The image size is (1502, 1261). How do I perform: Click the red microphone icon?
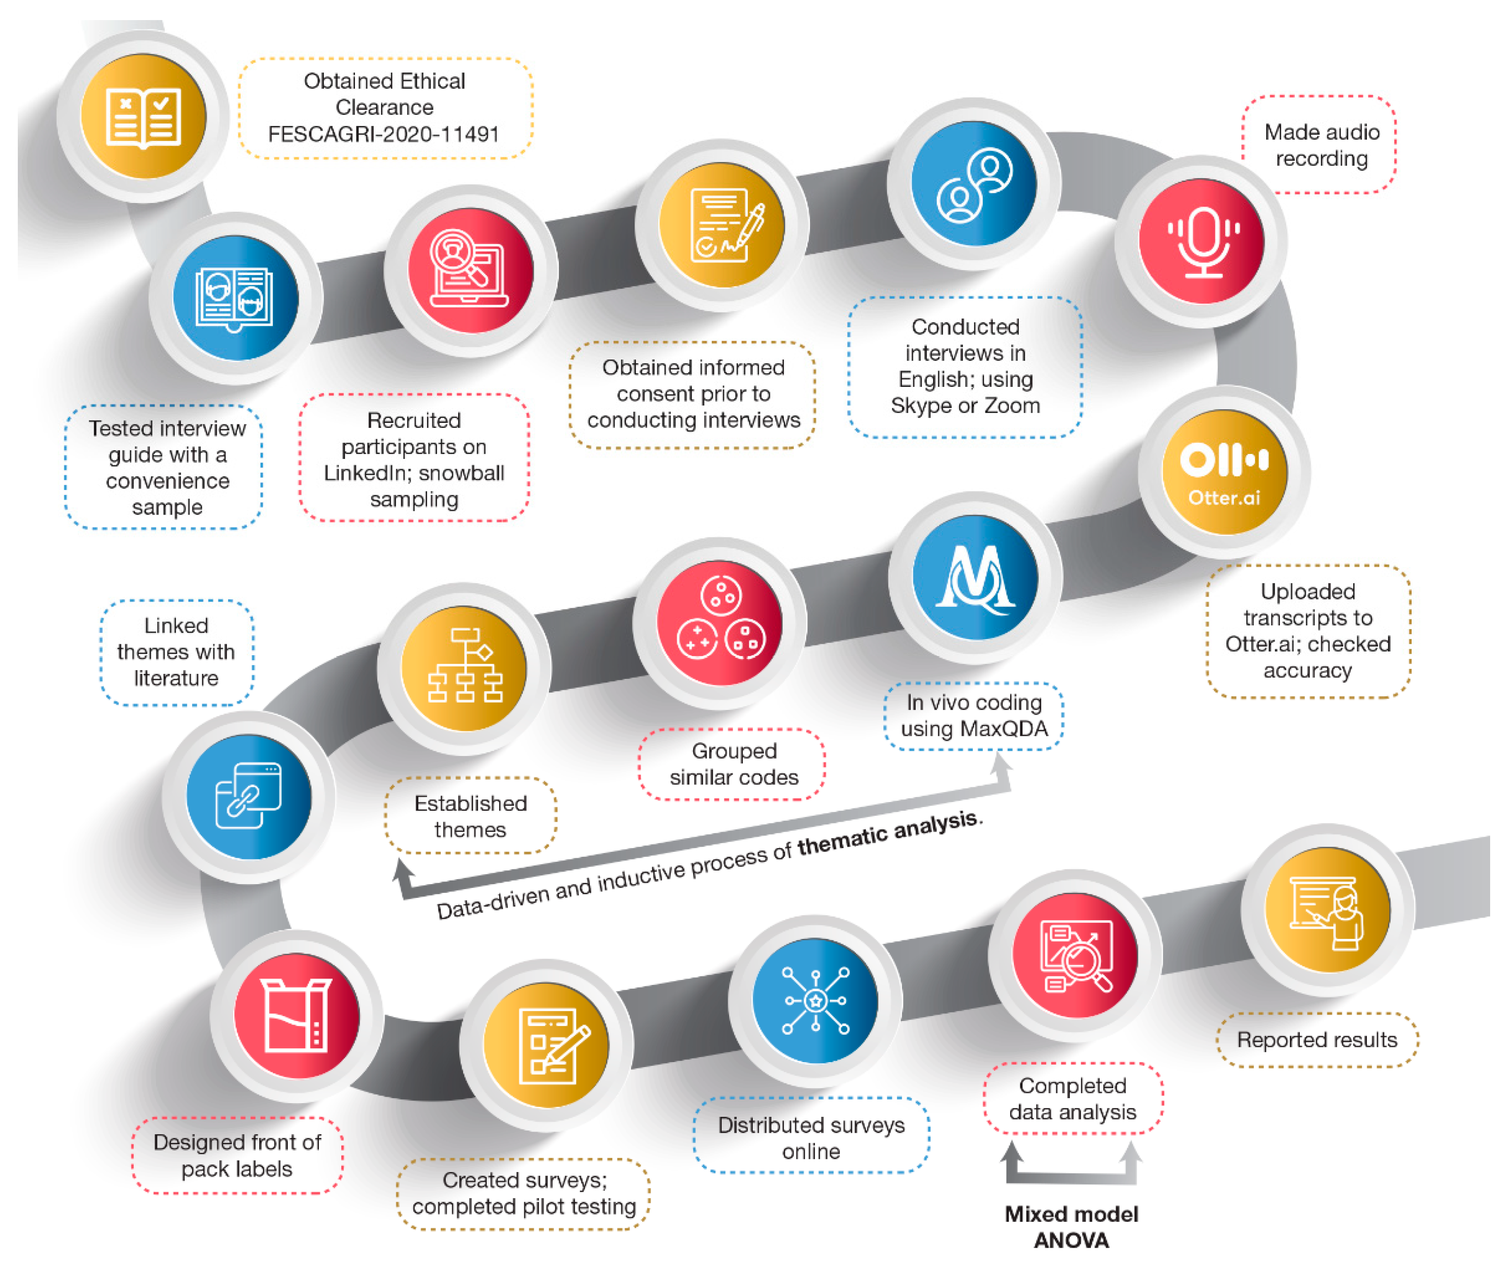[1202, 241]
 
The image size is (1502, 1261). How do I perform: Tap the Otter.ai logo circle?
[1225, 472]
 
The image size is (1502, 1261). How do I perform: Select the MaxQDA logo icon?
[975, 577]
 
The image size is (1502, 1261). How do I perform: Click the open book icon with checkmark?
[143, 117]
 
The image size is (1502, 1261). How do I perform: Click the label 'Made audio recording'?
[1321, 145]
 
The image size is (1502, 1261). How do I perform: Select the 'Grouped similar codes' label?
[733, 764]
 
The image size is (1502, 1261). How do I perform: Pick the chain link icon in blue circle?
[248, 796]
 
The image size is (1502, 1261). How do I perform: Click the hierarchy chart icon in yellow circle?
[464, 667]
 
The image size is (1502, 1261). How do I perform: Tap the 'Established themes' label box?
[470, 816]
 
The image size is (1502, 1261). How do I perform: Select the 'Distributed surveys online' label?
[811, 1138]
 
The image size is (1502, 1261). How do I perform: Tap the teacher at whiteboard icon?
[1328, 910]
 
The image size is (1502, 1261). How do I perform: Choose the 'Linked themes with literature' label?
[176, 651]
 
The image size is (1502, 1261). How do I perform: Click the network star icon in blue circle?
[815, 1000]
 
